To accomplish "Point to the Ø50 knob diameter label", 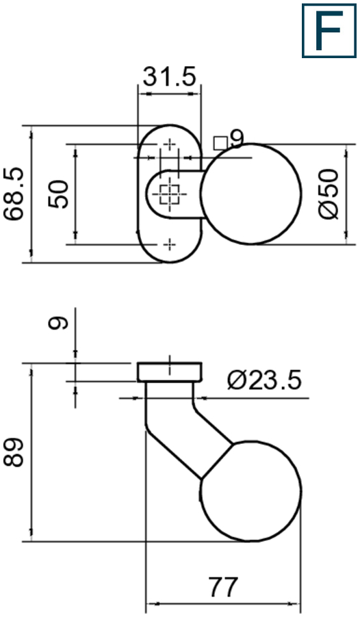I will click(x=329, y=194).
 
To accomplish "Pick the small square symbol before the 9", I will click(x=220, y=142).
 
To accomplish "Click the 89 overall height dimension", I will click(x=14, y=452).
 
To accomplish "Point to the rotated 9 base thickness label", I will click(x=60, y=322).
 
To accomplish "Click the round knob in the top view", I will click(x=251, y=194).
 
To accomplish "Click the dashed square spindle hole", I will click(x=168, y=194).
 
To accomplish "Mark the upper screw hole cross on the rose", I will click(x=169, y=145).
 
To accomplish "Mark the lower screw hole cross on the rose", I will click(x=169, y=243).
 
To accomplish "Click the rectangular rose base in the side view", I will click(x=170, y=372).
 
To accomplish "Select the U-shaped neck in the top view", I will click(x=171, y=194).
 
